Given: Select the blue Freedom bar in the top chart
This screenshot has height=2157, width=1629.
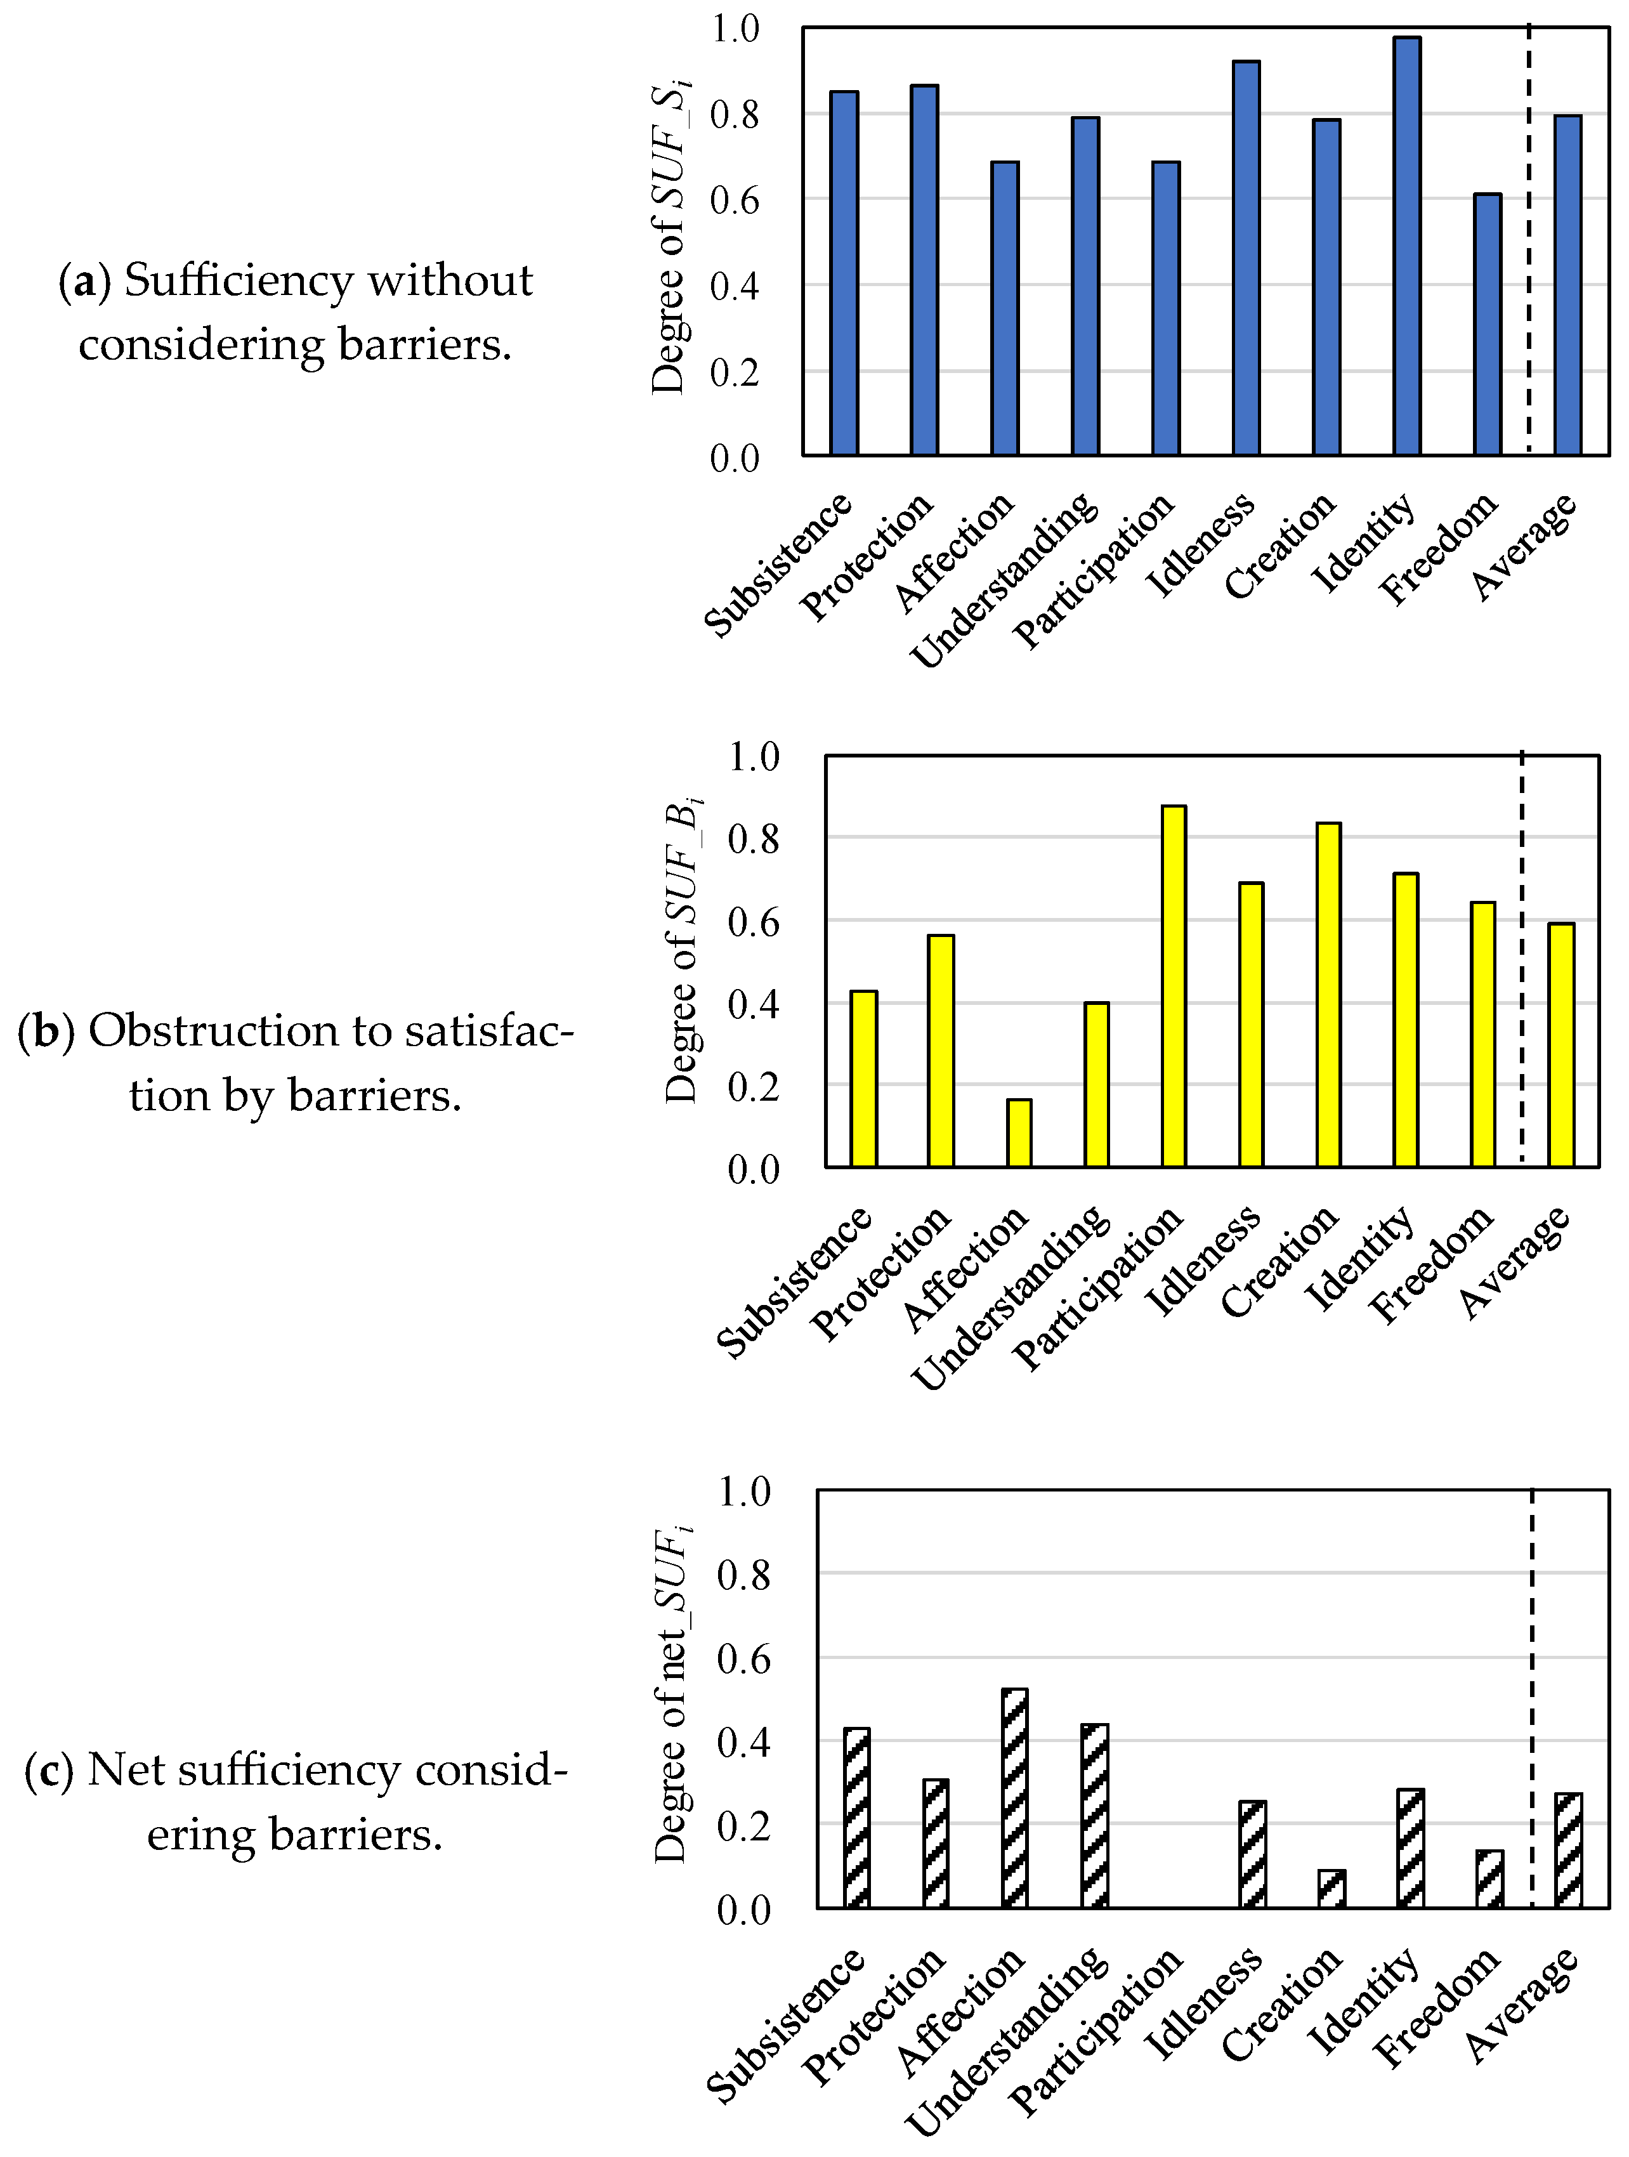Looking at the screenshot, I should pos(1487,325).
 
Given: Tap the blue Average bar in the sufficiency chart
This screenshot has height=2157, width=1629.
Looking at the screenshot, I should pos(1567,285).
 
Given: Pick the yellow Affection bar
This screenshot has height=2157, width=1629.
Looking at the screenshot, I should pos(1019,1133).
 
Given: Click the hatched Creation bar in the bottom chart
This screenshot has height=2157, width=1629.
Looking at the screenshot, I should pos(1331,1889).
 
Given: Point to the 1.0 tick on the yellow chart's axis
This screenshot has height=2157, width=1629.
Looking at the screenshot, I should pos(754,757).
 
